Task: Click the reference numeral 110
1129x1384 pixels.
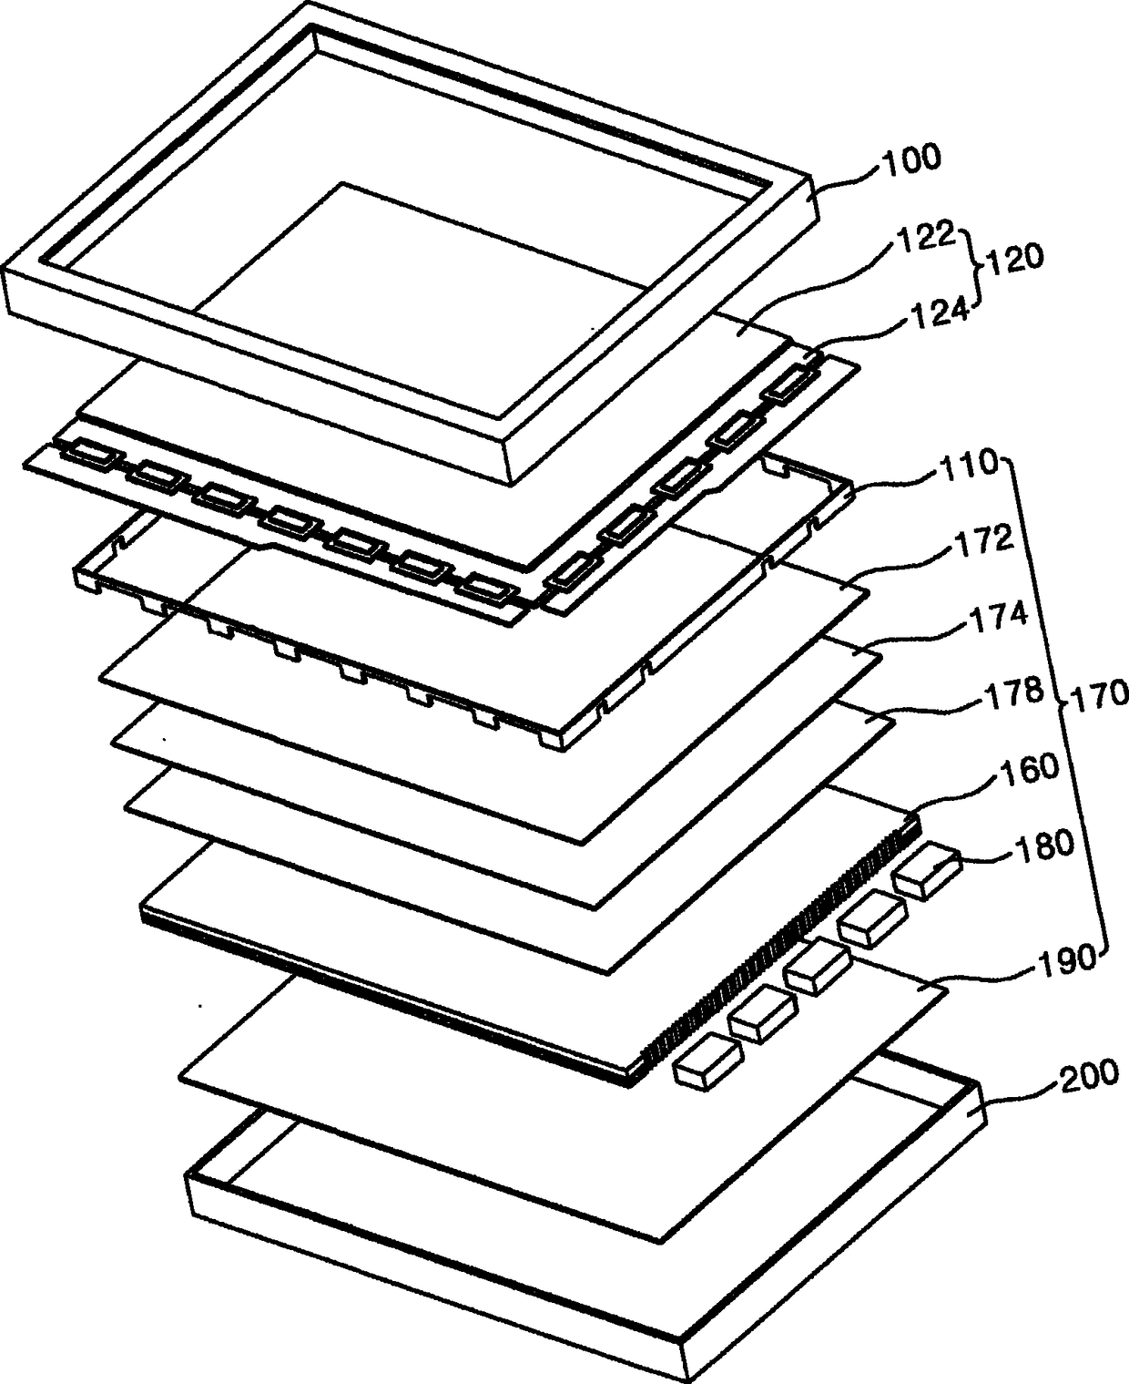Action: (966, 466)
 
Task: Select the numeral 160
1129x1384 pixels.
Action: (1025, 769)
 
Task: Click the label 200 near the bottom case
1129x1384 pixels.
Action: (1084, 1076)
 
